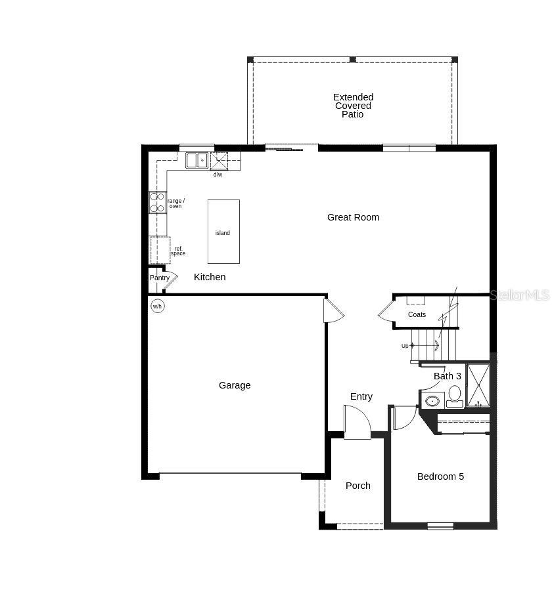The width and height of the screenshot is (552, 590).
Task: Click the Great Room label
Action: (x=353, y=217)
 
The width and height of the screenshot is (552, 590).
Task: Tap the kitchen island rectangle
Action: (x=223, y=232)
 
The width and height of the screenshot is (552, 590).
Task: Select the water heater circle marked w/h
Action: (x=158, y=306)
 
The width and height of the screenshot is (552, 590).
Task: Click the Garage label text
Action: (x=235, y=385)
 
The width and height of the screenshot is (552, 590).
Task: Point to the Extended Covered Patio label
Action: (x=353, y=106)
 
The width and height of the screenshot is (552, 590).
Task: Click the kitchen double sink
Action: (x=196, y=160)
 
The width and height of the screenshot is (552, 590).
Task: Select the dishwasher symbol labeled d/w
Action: (x=219, y=161)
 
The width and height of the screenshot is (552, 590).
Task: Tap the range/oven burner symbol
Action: (x=158, y=202)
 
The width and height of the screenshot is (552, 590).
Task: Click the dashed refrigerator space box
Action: (x=160, y=250)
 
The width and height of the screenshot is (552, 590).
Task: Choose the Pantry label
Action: (x=160, y=278)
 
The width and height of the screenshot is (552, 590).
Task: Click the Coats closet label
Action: (x=417, y=314)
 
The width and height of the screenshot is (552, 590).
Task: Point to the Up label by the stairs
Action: (x=405, y=346)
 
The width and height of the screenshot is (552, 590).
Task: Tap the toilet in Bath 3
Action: (x=455, y=394)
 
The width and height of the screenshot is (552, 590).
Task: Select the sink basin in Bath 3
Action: (x=432, y=400)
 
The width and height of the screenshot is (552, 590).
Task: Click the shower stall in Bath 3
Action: (x=478, y=385)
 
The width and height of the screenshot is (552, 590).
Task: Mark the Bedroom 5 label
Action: (x=440, y=476)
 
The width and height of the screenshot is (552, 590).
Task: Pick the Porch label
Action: (x=358, y=486)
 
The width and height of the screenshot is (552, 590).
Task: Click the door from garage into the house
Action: (x=333, y=311)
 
